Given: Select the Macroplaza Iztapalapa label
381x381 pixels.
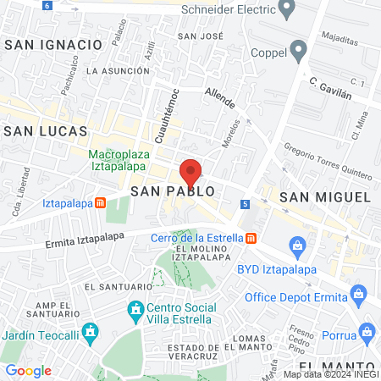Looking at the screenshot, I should pos(126,160).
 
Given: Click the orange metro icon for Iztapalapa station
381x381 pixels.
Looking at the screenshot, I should pos(101,203).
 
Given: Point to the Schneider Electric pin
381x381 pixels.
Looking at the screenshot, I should pos(286,10).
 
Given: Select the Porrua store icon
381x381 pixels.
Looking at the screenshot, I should pos(366,331).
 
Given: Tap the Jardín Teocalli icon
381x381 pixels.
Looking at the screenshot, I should pos(89,331).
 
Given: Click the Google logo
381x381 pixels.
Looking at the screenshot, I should pos(28,370).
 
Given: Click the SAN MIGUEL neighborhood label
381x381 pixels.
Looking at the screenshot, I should pos(325,196).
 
